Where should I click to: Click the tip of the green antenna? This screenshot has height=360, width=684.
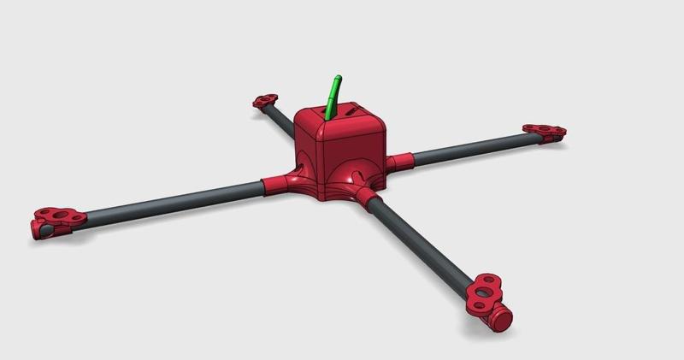[339, 78]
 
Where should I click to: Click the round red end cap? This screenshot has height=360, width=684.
[501, 319]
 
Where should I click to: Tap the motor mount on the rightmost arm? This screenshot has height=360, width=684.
[544, 131]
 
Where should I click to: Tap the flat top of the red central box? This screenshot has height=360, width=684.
[342, 120]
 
